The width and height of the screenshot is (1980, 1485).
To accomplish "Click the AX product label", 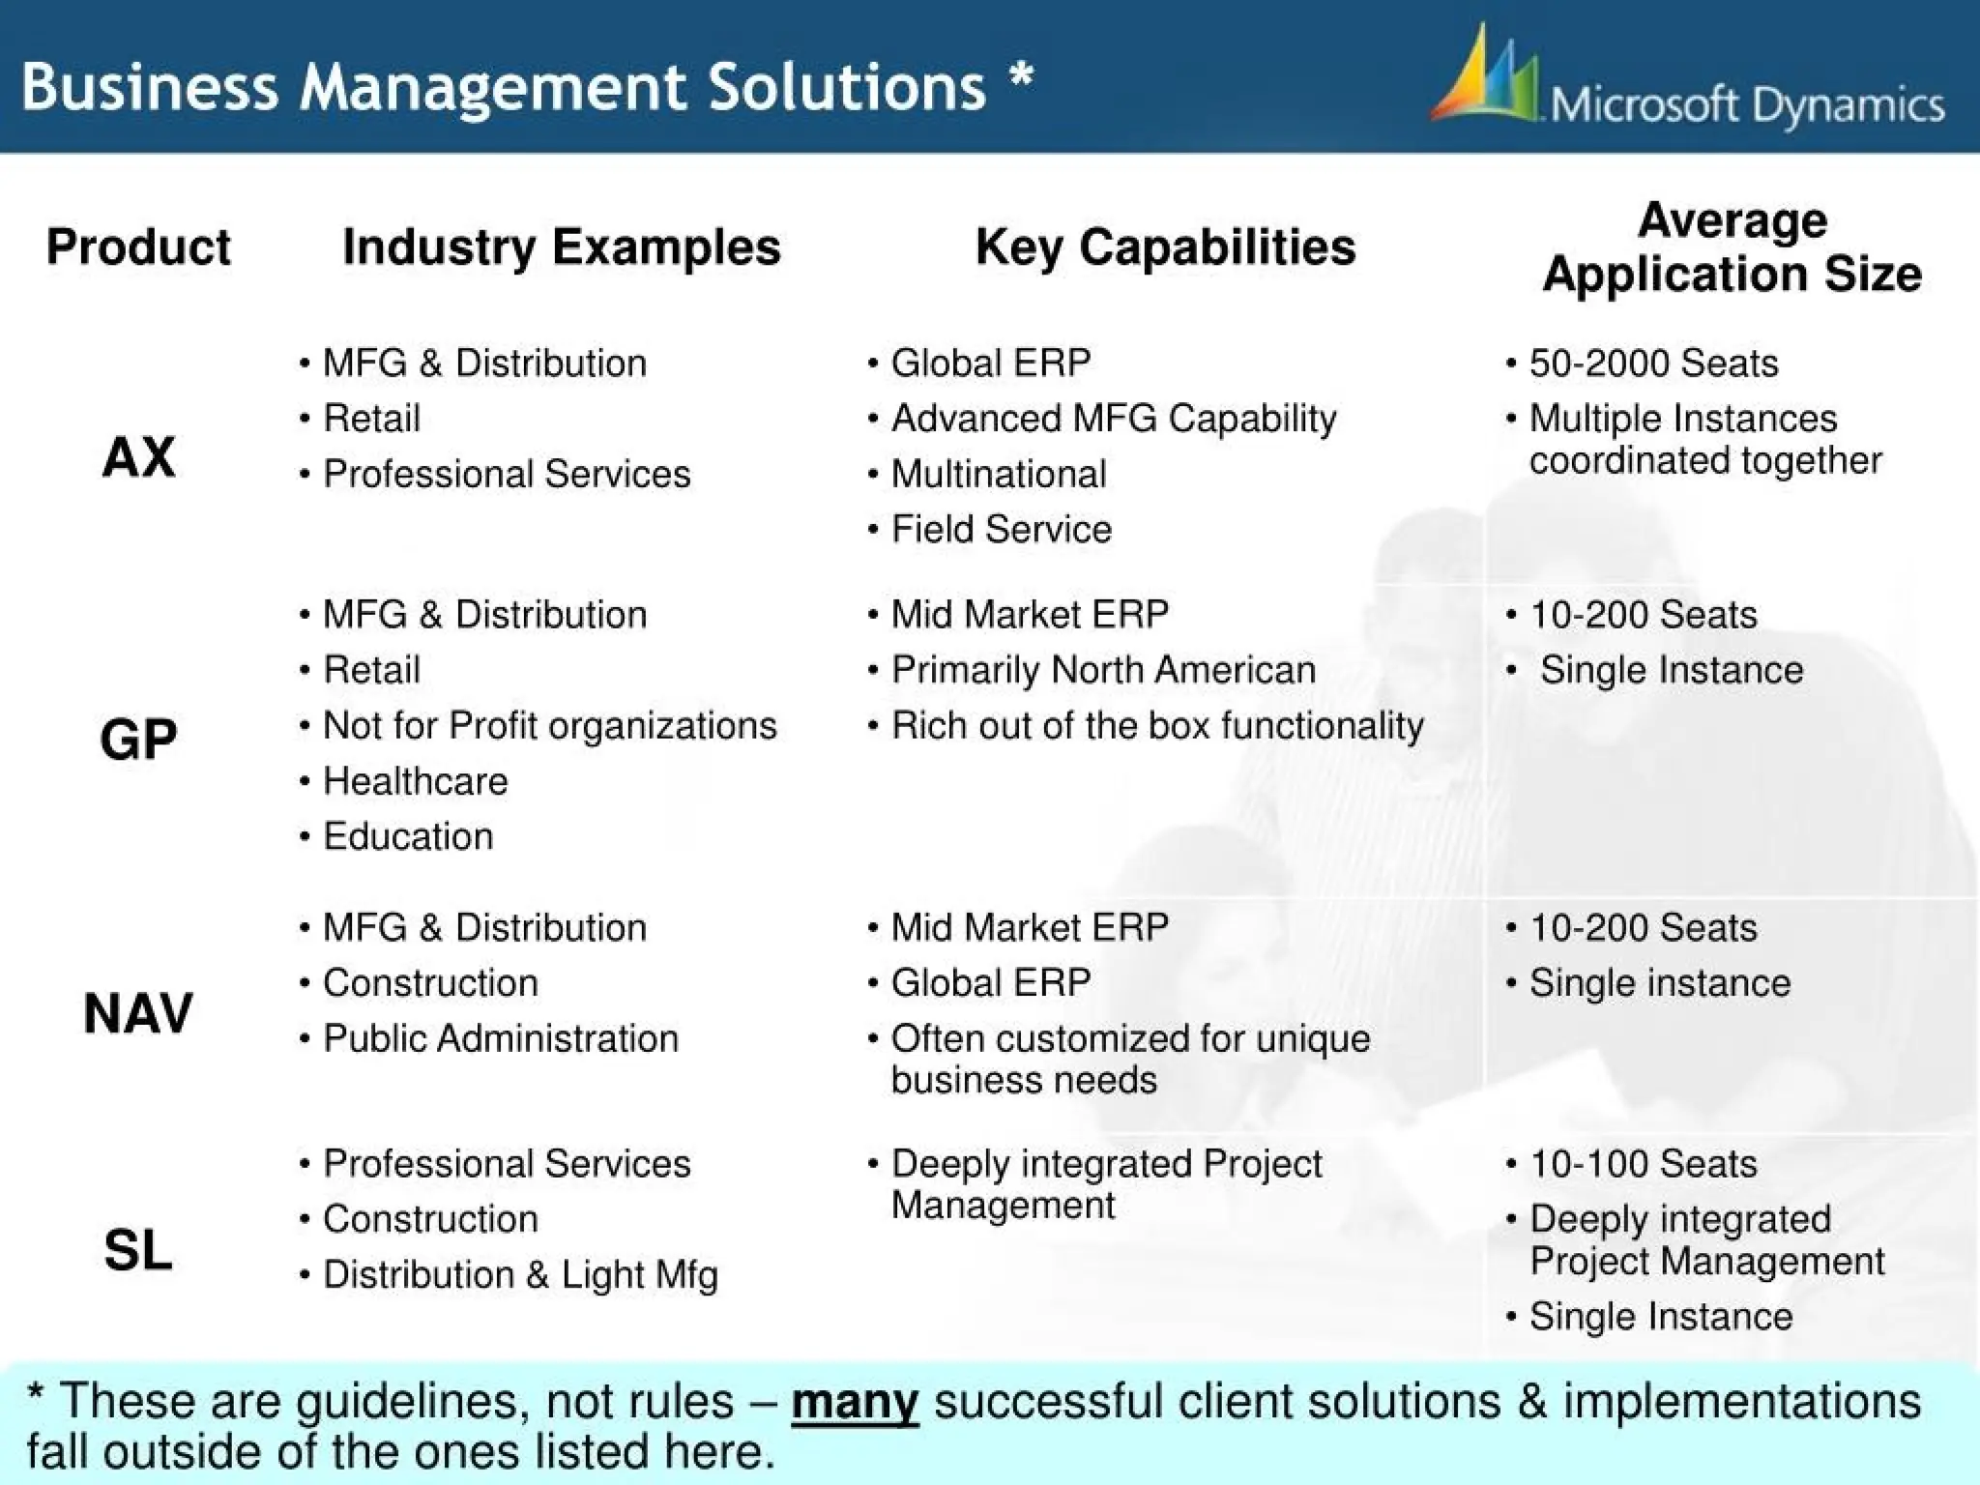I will click(138, 456).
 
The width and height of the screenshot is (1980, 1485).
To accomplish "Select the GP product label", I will click(138, 740).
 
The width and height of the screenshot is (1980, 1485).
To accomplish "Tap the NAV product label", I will click(138, 1014).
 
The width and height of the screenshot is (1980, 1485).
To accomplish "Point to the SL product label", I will click(138, 1250).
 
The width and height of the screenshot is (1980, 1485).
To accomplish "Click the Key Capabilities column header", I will click(1165, 247).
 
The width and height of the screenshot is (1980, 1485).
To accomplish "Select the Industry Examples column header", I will click(561, 247).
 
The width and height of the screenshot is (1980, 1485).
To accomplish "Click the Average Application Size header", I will click(1732, 247).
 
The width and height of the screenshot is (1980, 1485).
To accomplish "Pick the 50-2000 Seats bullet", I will click(1652, 364).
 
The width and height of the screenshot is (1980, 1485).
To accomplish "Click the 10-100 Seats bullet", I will click(1643, 1164).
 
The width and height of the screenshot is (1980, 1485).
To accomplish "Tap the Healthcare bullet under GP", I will click(415, 781).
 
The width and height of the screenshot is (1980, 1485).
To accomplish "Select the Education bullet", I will click(407, 836).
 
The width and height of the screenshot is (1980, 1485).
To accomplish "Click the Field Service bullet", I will click(1001, 530).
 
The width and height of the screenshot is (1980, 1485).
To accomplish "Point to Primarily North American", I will click(1102, 670).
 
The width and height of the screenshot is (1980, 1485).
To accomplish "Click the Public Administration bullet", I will click(500, 1038).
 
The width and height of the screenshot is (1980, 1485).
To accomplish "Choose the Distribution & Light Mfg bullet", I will click(519, 1275).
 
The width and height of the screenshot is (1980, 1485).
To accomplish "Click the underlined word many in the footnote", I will click(855, 1402).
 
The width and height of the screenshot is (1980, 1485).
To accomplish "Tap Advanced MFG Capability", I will click(1113, 419).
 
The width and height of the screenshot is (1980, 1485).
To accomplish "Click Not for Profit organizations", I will click(549, 726).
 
